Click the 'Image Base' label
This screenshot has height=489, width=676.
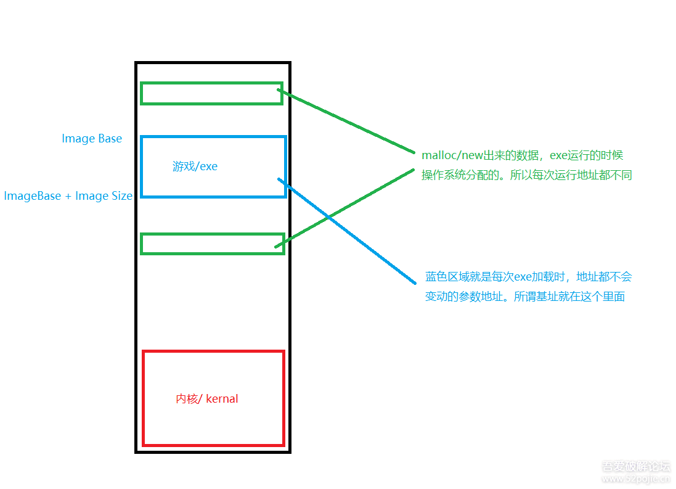coord(92,139)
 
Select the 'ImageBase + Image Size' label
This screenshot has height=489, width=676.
coord(68,196)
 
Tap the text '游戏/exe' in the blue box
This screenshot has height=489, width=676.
coord(195,166)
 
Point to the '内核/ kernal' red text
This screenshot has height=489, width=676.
coord(206,399)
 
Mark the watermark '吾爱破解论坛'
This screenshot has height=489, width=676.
coord(635,466)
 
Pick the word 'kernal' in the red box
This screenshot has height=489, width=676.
coord(222,399)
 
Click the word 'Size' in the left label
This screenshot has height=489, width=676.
coord(121,196)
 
